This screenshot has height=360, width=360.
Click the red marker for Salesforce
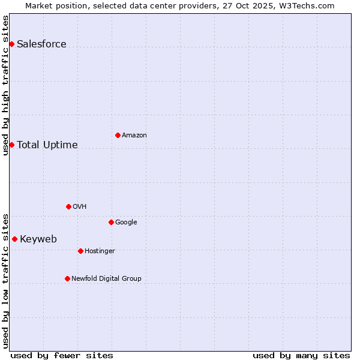click(11, 44)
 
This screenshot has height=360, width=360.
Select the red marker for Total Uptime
click(11, 145)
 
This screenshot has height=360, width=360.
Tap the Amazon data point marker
click(118, 135)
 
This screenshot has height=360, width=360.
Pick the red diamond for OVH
click(68, 206)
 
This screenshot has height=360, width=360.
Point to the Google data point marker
click(111, 222)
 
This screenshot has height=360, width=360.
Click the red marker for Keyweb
click(14, 239)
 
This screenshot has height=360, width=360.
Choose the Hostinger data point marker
click(80, 251)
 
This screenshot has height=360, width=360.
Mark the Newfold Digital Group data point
click(67, 278)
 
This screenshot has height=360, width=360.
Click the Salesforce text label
click(41, 44)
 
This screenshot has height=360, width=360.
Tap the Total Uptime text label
click(47, 145)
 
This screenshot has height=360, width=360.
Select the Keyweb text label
click(38, 239)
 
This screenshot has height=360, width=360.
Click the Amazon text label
click(134, 135)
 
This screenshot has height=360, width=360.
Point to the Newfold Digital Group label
click(106, 278)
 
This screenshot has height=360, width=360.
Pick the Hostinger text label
click(100, 251)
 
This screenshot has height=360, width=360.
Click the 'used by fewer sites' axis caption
click(62, 355)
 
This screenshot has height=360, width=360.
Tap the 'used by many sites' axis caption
click(301, 355)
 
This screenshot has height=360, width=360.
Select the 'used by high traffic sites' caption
click(5, 85)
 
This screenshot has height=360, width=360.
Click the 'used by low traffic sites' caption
click(5, 280)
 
